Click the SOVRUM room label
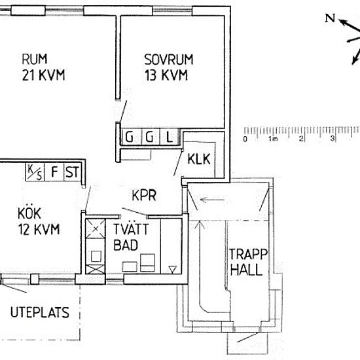[169, 60]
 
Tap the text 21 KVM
[44, 75]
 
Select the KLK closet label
[199, 159]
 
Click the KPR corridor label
[144, 196]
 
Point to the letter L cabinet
[170, 137]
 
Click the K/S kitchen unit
[35, 172]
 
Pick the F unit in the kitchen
[54, 172]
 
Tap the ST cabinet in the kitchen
[73, 172]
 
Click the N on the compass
[330, 18]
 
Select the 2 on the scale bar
[301, 139]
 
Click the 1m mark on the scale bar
[274, 139]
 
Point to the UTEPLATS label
[40, 312]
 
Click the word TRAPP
[249, 254]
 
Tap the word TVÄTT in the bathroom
[131, 229]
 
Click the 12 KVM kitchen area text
[39, 229]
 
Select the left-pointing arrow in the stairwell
[212, 200]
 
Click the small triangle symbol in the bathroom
[172, 269]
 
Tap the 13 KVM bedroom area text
[166, 75]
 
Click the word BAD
[126, 245]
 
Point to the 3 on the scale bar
[333, 139]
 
